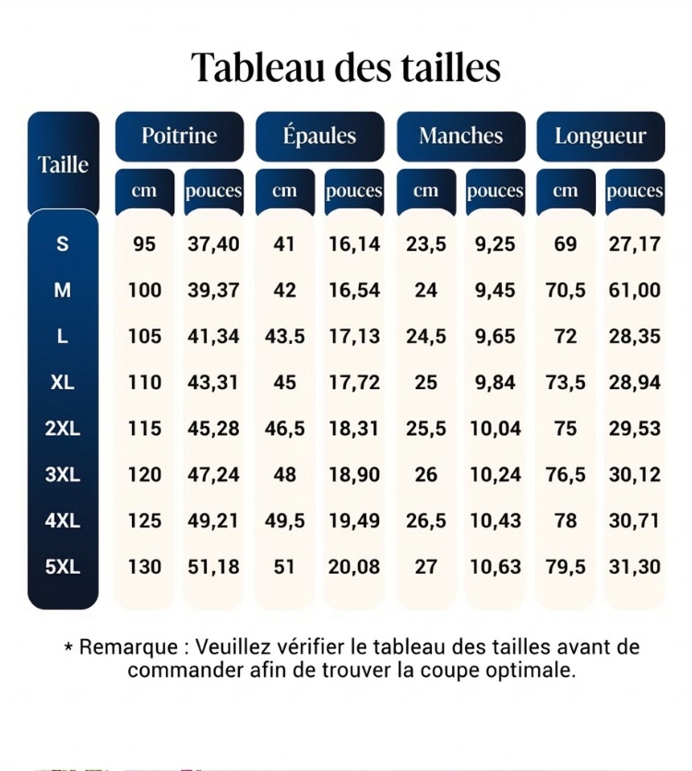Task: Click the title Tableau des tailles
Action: tap(346, 67)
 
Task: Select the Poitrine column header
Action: tap(179, 136)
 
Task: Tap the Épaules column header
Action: tap(319, 136)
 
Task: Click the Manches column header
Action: tap(460, 136)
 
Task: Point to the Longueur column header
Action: tap(601, 136)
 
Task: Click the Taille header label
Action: tap(63, 165)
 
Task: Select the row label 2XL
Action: tap(63, 429)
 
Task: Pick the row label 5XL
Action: tap(63, 567)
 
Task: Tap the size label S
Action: tap(63, 244)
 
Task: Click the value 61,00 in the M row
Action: tap(635, 291)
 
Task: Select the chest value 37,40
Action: tap(213, 244)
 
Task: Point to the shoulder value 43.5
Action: tap(285, 337)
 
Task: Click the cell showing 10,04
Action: tap(495, 429)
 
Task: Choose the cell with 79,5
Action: tap(566, 567)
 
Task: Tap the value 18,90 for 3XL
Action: tap(354, 475)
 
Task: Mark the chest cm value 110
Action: tap(144, 383)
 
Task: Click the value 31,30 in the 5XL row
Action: tap(635, 567)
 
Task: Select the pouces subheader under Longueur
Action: tap(635, 191)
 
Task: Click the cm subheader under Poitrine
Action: tap(144, 191)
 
